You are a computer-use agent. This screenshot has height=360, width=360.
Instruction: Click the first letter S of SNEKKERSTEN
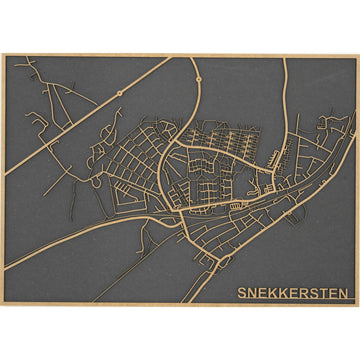coord(242,293)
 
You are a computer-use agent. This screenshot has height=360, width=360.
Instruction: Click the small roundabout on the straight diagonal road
coord(119,94)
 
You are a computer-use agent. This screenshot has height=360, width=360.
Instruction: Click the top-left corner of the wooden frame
coord(3,54)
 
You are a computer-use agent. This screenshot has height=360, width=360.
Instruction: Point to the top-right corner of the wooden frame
coord(357,54)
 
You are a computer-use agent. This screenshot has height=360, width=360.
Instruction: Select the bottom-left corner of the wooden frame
coord(3,305)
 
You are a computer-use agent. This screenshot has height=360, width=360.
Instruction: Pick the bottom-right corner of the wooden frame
coord(357,305)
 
